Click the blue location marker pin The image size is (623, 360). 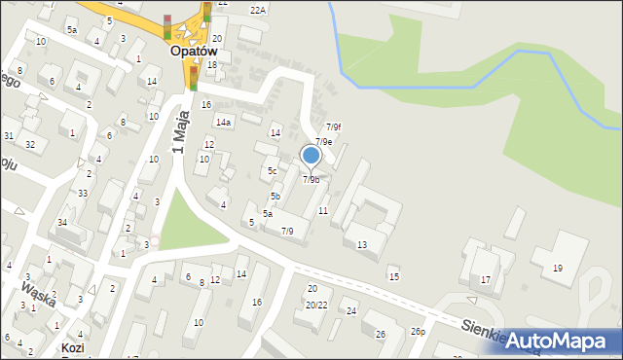[x=311, y=156]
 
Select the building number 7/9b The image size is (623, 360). [x=311, y=179]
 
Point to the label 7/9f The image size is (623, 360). [x=333, y=126]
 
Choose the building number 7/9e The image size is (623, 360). [x=323, y=142]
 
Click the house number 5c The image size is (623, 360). [x=273, y=171]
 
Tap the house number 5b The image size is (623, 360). [x=275, y=197]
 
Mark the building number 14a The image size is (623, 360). [x=224, y=123]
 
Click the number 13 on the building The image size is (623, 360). [x=361, y=244]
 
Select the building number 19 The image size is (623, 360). [x=557, y=268]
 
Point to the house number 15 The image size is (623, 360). [x=393, y=277]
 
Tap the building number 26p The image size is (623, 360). [x=418, y=332]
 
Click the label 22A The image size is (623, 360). [x=257, y=10]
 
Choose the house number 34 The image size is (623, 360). [x=62, y=223]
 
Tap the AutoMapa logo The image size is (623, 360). [x=560, y=341]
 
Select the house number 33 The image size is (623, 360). [x=83, y=194]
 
